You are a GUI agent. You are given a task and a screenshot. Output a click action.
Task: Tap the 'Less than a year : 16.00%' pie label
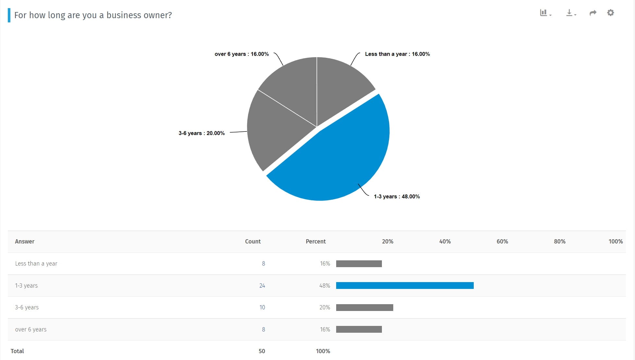[x=397, y=54]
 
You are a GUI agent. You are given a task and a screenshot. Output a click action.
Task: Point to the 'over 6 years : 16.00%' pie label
[x=241, y=54]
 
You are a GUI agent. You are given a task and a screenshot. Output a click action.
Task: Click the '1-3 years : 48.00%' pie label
[x=397, y=196]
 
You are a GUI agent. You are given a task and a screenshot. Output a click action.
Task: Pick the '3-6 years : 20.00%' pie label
[x=201, y=133]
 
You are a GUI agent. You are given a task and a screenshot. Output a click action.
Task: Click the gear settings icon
[x=610, y=13]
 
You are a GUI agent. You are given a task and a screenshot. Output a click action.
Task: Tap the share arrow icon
[x=593, y=13]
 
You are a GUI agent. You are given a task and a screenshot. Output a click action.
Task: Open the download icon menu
[x=571, y=13]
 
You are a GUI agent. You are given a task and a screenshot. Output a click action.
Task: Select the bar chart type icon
[x=545, y=13]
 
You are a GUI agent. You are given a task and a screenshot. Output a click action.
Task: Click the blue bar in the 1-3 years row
[x=405, y=285]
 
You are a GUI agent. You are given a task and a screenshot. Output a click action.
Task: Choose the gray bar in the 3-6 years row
[x=365, y=307]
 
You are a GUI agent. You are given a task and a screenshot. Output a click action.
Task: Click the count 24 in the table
[x=262, y=286]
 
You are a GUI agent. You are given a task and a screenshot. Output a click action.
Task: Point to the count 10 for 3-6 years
[x=262, y=307]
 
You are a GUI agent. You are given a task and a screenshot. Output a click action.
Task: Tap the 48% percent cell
[x=324, y=286]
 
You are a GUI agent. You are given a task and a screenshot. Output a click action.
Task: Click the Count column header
[x=253, y=242]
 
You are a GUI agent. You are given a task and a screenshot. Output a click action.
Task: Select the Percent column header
[x=316, y=242]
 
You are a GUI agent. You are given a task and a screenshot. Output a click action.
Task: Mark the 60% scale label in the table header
[x=502, y=242]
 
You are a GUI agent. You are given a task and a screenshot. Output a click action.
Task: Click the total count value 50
[x=262, y=351]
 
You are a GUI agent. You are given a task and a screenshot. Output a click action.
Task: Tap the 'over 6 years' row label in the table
[x=31, y=329]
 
